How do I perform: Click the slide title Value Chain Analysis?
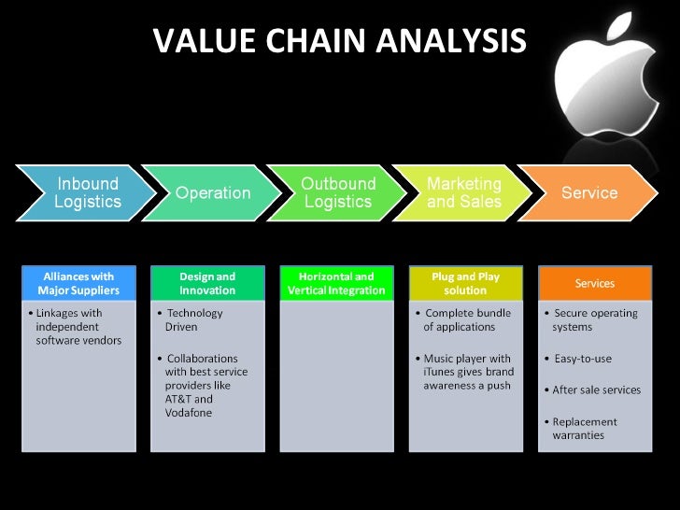(x=339, y=40)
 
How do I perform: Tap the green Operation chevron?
(x=213, y=193)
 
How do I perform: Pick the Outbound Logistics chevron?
(x=338, y=192)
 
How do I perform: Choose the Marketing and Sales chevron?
(x=463, y=192)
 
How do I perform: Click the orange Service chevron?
(x=588, y=193)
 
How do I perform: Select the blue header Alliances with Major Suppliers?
(x=79, y=283)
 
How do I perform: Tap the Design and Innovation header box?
(x=207, y=283)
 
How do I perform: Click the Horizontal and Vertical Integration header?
(x=336, y=283)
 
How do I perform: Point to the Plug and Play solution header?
(x=465, y=283)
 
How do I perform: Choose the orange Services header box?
(x=594, y=283)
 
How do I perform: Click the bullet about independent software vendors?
(x=78, y=326)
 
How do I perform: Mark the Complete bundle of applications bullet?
(x=464, y=319)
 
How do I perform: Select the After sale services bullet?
(x=597, y=390)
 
